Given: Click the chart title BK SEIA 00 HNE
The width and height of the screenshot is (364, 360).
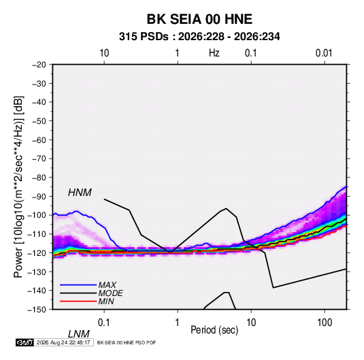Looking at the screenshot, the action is [199, 19].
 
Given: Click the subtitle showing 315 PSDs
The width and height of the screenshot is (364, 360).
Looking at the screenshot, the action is [199, 37].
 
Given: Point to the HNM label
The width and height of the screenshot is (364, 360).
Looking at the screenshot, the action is [80, 193].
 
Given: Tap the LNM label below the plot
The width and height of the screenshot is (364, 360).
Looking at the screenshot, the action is [79, 334].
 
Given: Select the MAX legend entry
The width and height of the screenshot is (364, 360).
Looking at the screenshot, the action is [107, 284].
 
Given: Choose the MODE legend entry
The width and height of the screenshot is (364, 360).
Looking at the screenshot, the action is [110, 293].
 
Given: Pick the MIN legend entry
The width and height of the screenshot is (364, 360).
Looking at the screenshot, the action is [106, 301].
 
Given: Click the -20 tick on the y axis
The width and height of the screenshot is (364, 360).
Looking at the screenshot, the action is [39, 65].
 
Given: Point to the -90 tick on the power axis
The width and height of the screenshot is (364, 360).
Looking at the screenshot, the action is [39, 196].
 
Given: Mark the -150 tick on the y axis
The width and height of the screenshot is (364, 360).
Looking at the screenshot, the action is [37, 310].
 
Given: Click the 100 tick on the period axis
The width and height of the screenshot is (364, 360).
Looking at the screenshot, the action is [325, 322].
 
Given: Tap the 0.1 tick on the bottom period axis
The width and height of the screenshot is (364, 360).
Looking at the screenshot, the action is [104, 322].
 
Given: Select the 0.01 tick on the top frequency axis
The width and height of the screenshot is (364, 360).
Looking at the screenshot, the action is [324, 53].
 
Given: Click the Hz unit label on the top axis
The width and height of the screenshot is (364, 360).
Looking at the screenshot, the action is [214, 53].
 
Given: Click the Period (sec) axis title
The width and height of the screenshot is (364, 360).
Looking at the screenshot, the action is [214, 330].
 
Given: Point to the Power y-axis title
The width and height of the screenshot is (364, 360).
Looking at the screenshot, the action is [18, 187].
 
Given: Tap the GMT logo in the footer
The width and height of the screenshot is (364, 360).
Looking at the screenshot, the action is [24, 342].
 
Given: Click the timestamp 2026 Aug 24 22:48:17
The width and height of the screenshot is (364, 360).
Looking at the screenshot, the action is [63, 342].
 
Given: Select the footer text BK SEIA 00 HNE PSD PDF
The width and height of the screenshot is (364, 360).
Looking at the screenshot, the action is [127, 342].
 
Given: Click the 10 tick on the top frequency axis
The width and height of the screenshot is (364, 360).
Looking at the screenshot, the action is [104, 53].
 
